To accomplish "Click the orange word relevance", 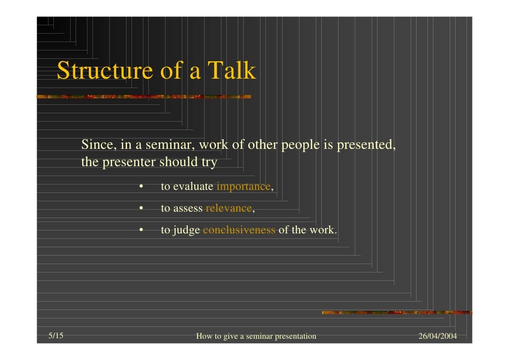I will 228,208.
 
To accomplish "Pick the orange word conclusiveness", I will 239,230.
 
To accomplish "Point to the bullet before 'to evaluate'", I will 141,187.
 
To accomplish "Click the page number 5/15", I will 56,336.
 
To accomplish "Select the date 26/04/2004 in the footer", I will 437,336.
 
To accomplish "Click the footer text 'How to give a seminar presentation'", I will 256,337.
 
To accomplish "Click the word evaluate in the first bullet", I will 193,186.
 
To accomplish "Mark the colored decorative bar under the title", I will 143,96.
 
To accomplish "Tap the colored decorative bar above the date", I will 396,312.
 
